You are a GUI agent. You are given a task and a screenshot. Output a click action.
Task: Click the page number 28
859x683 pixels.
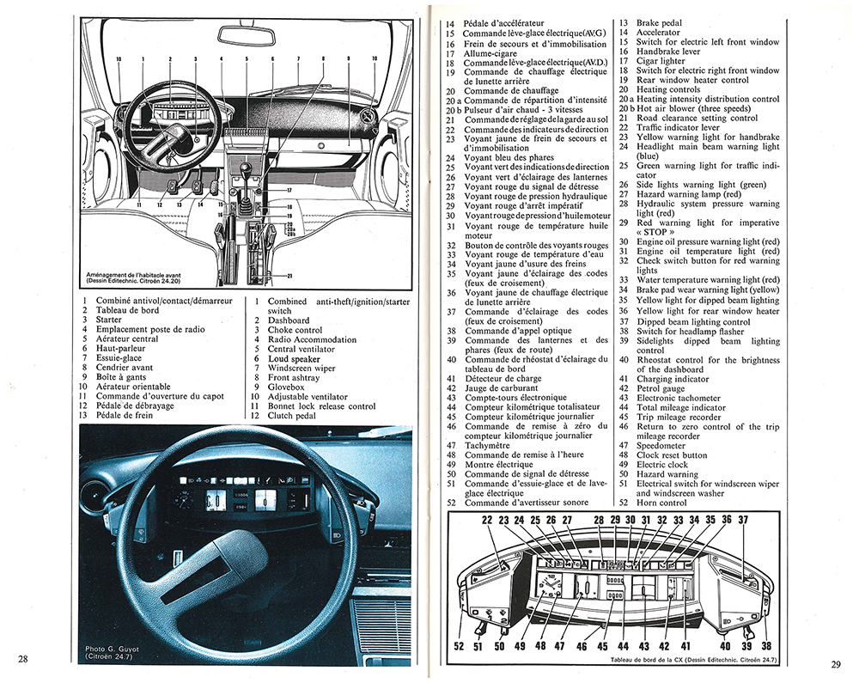24,658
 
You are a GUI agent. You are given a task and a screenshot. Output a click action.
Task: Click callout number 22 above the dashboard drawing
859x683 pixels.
486,520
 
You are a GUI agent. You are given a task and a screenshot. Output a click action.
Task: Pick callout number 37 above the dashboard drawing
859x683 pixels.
743,520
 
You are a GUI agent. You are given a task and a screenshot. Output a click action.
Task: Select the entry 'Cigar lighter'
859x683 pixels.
661,61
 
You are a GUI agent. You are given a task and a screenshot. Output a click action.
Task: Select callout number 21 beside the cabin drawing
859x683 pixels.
289,275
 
